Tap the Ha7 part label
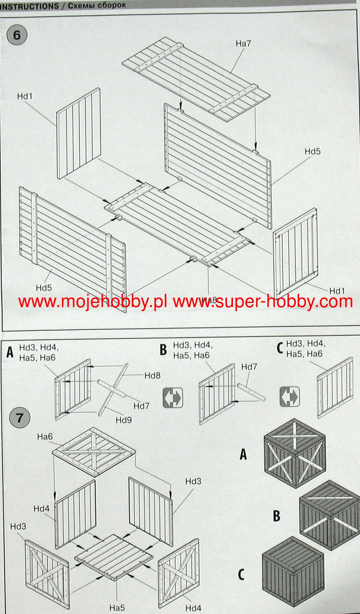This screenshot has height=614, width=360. click(x=243, y=44)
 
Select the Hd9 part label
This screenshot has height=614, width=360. click(x=124, y=420)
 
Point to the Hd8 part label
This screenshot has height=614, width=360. click(x=152, y=375)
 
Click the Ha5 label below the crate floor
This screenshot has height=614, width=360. click(x=117, y=608)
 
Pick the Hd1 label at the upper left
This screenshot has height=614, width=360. click(x=25, y=96)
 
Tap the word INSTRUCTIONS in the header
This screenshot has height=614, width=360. click(x=29, y=6)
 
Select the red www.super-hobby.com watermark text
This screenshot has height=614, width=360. click(x=263, y=301)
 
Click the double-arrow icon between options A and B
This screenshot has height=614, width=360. click(x=173, y=398)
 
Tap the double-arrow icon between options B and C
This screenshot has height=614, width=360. click(x=290, y=397)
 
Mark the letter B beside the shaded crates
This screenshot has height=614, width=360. click(x=276, y=516)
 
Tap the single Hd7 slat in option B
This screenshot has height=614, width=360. click(x=251, y=392)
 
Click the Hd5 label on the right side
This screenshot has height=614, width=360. click(x=313, y=151)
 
